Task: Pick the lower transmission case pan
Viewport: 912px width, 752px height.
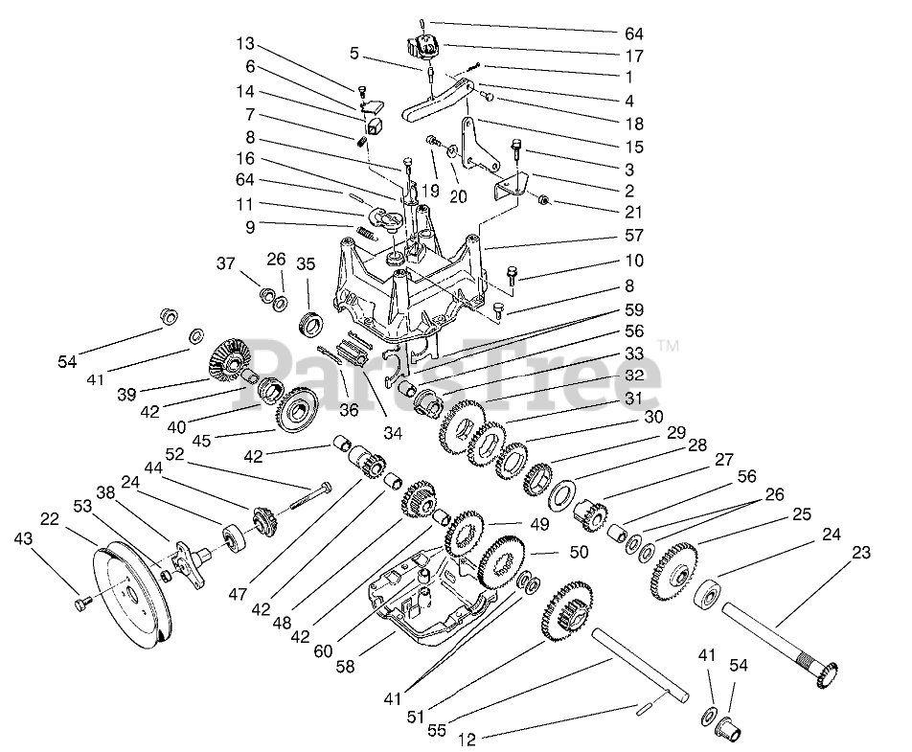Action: pos(422,599)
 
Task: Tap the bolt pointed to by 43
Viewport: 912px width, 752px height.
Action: pos(80,604)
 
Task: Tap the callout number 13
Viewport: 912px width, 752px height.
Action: pos(247,43)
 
